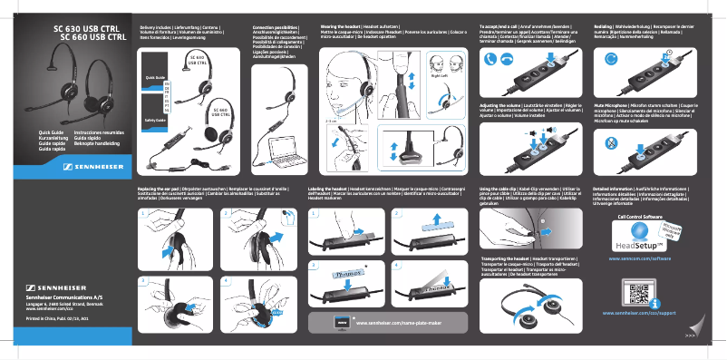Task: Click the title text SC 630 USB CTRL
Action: [x=89, y=28]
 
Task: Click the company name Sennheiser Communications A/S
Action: [x=63, y=297]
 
